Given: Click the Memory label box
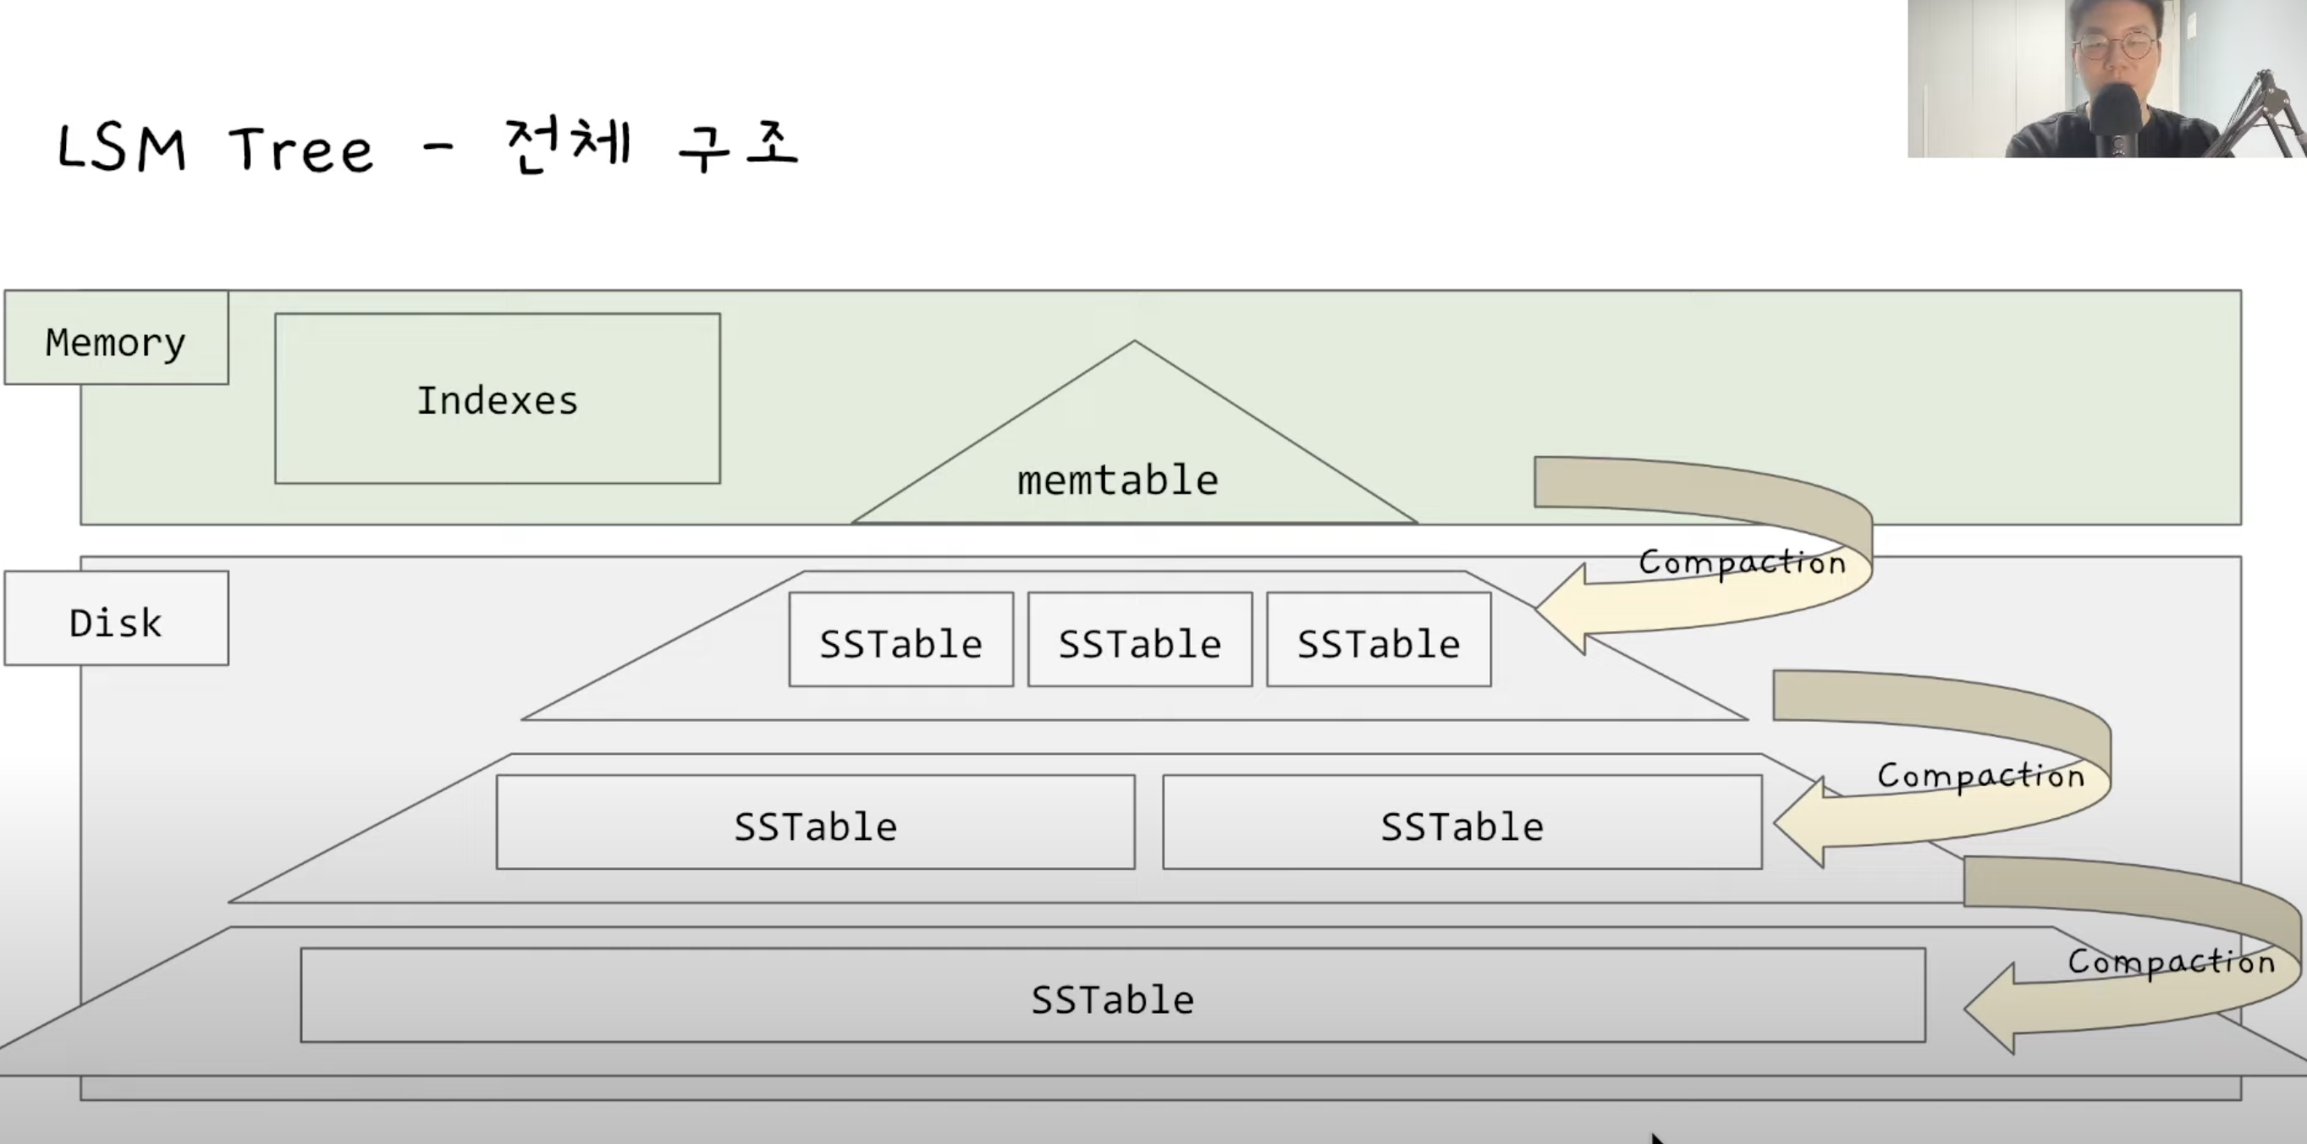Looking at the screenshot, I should (x=117, y=338).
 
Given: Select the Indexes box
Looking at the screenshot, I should (x=497, y=399).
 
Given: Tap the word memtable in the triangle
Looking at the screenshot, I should (x=1117, y=481).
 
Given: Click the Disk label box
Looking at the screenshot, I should (x=117, y=619).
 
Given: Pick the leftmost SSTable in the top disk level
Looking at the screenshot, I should (x=901, y=641).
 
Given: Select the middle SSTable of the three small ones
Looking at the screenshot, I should (x=1139, y=641).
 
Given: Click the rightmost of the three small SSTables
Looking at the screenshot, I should (x=1379, y=641).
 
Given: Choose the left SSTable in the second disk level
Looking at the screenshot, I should (x=815, y=823).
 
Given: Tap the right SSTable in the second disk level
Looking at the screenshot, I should (x=1462, y=823).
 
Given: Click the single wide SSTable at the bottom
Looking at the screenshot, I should (x=1112, y=996).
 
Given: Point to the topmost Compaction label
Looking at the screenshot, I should (x=1742, y=562).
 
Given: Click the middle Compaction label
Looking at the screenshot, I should (x=1981, y=775).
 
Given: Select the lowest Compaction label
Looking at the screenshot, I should (x=2171, y=961).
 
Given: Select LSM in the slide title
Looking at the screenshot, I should (x=122, y=148).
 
